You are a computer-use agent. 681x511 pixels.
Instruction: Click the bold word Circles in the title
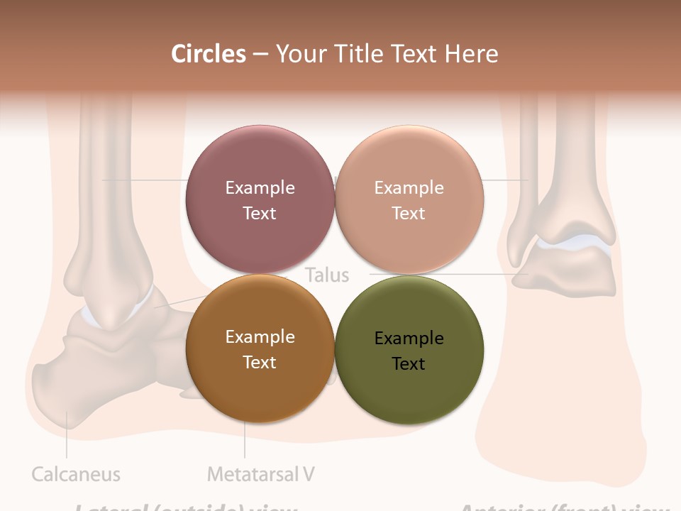tap(209, 54)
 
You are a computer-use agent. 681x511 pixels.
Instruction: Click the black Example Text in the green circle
tap(409, 351)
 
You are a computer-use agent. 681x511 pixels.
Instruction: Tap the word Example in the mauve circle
tap(260, 187)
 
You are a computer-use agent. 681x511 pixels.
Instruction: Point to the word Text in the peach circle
tap(409, 213)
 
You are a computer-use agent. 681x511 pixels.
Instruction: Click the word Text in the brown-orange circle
tap(260, 362)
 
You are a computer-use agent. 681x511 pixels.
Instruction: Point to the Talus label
tap(327, 275)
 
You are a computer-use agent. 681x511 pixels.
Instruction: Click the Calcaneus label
tap(76, 474)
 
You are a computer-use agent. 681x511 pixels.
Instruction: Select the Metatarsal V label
tap(261, 474)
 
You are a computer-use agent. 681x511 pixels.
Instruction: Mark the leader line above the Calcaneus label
tap(67, 436)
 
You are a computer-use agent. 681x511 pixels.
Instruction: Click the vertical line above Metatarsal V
tap(245, 440)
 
